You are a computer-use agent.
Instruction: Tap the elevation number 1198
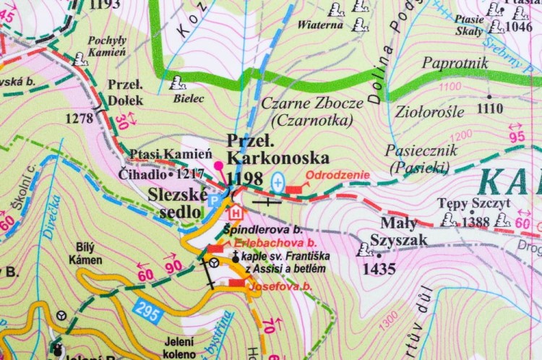244,177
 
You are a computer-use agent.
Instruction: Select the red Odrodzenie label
337,175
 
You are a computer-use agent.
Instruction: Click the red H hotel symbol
236,213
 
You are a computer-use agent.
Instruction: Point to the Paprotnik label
455,64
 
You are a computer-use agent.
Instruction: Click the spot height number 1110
489,108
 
